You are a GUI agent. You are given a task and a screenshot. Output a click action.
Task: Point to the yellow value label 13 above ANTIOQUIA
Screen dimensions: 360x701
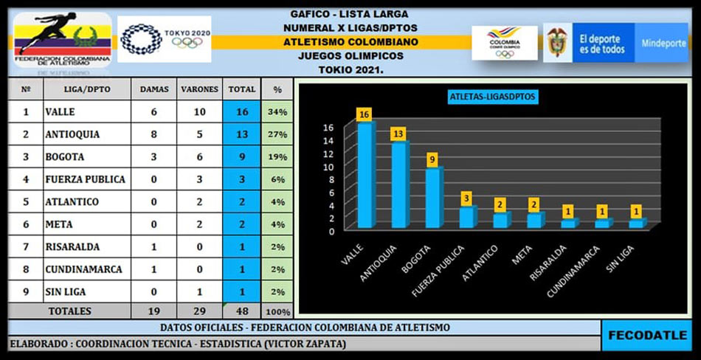(x=398, y=133)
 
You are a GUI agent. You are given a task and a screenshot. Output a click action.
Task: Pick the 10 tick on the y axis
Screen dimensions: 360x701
(x=330, y=167)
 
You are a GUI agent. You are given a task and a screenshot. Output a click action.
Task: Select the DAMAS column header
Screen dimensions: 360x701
(x=153, y=89)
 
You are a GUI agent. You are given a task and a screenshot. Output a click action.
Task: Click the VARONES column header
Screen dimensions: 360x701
(x=199, y=89)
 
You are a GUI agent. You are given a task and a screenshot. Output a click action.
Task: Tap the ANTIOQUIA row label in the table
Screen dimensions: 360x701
(x=72, y=135)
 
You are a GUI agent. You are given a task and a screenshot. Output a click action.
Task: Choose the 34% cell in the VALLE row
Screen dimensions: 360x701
(x=277, y=112)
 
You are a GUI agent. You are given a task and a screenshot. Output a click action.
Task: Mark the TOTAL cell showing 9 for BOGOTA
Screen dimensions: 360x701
(x=242, y=157)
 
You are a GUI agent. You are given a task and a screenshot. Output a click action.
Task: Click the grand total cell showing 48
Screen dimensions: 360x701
(x=242, y=311)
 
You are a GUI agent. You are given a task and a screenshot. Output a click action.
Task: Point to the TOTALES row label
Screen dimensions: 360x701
(x=70, y=311)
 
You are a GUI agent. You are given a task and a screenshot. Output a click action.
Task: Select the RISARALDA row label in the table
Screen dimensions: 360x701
(x=72, y=246)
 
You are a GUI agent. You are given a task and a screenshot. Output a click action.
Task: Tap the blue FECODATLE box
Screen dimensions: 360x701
(x=647, y=335)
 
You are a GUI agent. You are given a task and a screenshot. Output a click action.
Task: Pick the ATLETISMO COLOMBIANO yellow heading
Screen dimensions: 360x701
(x=350, y=41)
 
